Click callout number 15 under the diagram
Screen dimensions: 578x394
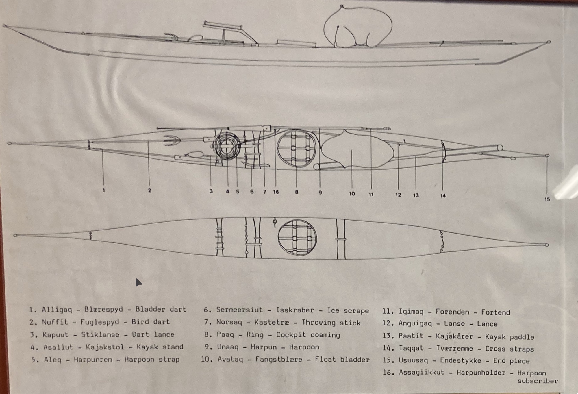coord(547,199)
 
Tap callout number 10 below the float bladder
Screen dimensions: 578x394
coord(352,194)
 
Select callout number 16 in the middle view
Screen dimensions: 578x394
coord(276,192)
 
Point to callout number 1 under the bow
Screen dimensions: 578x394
coord(103,190)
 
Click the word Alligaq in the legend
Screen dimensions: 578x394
coord(57,310)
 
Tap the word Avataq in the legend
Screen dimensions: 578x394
coord(230,360)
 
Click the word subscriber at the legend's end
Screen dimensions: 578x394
coord(538,381)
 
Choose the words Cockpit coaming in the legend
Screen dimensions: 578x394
coord(308,335)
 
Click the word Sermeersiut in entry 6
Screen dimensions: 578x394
coord(240,310)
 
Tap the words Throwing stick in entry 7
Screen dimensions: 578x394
coord(331,323)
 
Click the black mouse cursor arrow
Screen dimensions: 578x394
coord(138,282)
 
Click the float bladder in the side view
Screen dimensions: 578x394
coord(358,27)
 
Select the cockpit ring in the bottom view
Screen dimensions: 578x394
coord(278,238)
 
